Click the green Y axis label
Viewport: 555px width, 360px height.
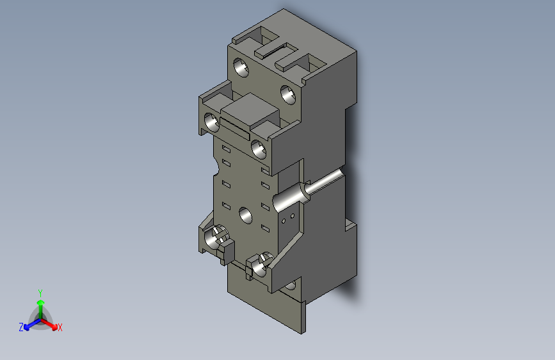(x=40, y=292)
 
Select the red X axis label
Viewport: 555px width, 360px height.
(x=60, y=328)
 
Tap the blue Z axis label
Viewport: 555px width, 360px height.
(x=21, y=327)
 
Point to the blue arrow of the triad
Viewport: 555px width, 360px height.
(x=29, y=324)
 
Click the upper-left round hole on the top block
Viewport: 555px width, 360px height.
(x=241, y=67)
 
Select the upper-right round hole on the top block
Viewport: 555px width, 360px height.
(x=288, y=95)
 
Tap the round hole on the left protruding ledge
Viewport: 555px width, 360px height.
(x=211, y=120)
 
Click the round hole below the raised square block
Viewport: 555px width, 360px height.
(x=259, y=149)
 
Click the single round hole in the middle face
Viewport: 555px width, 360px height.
(x=245, y=215)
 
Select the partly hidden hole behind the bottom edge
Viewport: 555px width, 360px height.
(x=292, y=286)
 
